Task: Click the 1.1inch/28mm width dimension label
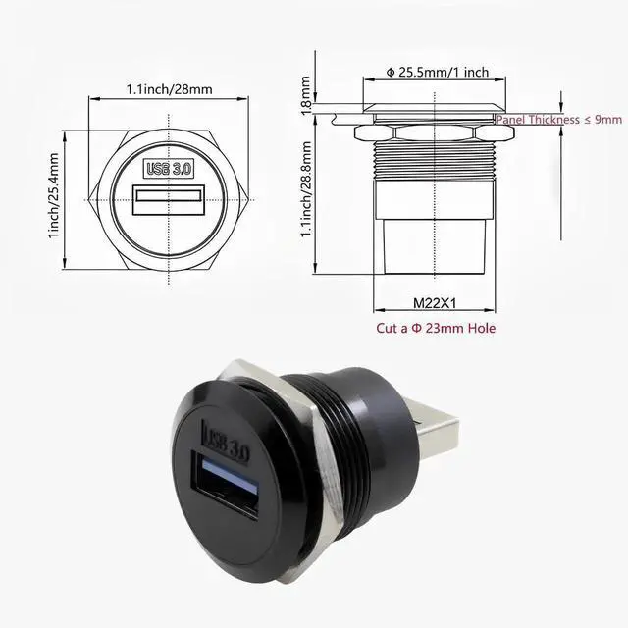(169, 89)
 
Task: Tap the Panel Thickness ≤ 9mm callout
(558, 119)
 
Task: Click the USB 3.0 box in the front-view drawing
(169, 168)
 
